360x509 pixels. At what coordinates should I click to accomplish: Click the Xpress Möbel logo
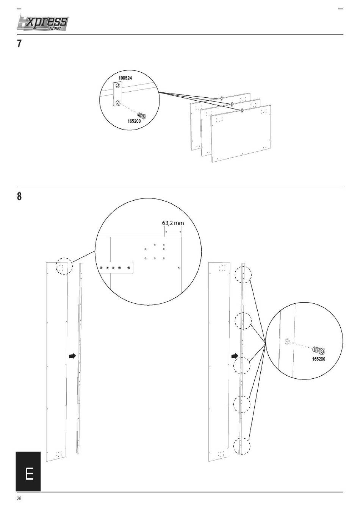[x=42, y=23]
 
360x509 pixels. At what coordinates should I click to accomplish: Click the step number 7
[x=19, y=44]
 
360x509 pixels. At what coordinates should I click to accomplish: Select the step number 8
[x=19, y=196]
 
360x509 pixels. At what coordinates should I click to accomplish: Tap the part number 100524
[x=125, y=78]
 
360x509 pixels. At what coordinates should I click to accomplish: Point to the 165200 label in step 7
[x=134, y=121]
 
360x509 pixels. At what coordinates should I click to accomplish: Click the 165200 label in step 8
[x=318, y=359]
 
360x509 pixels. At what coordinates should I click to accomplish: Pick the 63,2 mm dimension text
[x=173, y=223]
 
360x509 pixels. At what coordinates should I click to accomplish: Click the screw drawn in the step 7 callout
[x=142, y=116]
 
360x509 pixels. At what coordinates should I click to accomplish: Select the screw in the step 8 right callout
[x=319, y=351]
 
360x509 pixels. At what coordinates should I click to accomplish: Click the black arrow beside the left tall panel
[x=72, y=356]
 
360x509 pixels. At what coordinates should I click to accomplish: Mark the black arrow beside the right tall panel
[x=235, y=356]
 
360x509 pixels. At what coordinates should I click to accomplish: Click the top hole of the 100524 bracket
[x=117, y=86]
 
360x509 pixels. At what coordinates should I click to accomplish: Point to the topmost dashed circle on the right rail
[x=243, y=275]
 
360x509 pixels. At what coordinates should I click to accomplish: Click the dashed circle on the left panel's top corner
[x=64, y=266]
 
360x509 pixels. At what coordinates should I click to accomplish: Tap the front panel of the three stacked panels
[x=241, y=134]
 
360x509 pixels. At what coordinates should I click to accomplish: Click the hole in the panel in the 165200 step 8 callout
[x=287, y=341]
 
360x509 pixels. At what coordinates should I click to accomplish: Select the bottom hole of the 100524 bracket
[x=117, y=102]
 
